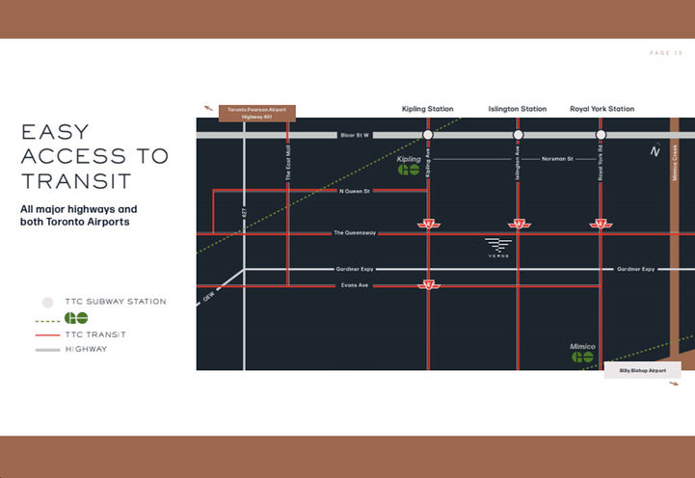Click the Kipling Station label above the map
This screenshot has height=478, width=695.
[x=427, y=109]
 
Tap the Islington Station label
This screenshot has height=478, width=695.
[x=518, y=109]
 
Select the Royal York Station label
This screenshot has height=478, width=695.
[x=601, y=109]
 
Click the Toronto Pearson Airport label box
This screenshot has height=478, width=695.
[x=257, y=113]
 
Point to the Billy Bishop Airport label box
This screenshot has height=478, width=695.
[x=642, y=370]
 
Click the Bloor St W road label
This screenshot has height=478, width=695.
[x=355, y=135]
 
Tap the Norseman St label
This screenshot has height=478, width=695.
[x=557, y=158]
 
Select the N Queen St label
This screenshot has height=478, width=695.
[x=355, y=191]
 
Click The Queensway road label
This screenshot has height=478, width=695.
[x=354, y=232]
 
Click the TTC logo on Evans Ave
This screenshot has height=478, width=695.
[x=429, y=285]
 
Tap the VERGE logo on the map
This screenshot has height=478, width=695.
[x=497, y=247]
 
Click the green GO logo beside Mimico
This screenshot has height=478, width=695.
[x=581, y=357]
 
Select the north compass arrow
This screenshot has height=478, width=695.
[x=655, y=150]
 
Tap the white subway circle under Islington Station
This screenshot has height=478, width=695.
[x=518, y=135]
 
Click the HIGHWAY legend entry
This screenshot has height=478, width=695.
[x=86, y=349]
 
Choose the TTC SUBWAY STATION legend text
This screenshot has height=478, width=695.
[x=115, y=302]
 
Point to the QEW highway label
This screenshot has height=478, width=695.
[x=207, y=297]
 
